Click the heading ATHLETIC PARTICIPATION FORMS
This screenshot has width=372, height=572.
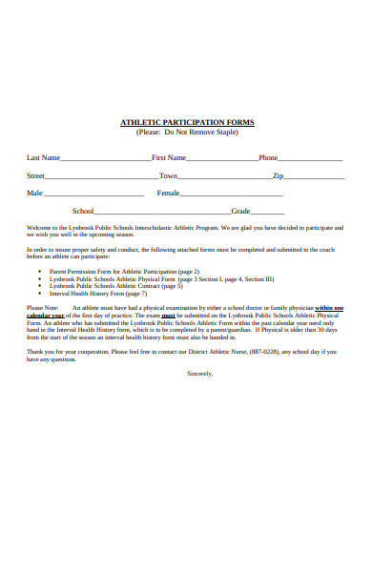pos(186,123)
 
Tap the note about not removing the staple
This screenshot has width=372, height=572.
pos(186,133)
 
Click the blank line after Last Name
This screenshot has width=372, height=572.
pos(104,160)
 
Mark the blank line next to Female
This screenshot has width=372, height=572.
pos(220,195)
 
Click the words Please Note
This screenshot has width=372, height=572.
pos(43,309)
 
